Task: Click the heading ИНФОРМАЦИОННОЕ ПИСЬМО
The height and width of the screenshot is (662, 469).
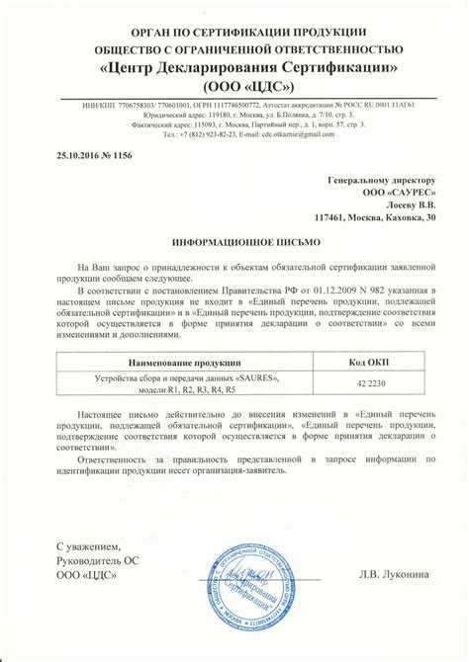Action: pos(234,241)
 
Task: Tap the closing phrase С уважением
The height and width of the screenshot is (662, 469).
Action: pos(88,546)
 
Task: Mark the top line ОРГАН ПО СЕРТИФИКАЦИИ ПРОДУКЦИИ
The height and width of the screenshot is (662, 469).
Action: pos(234,32)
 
